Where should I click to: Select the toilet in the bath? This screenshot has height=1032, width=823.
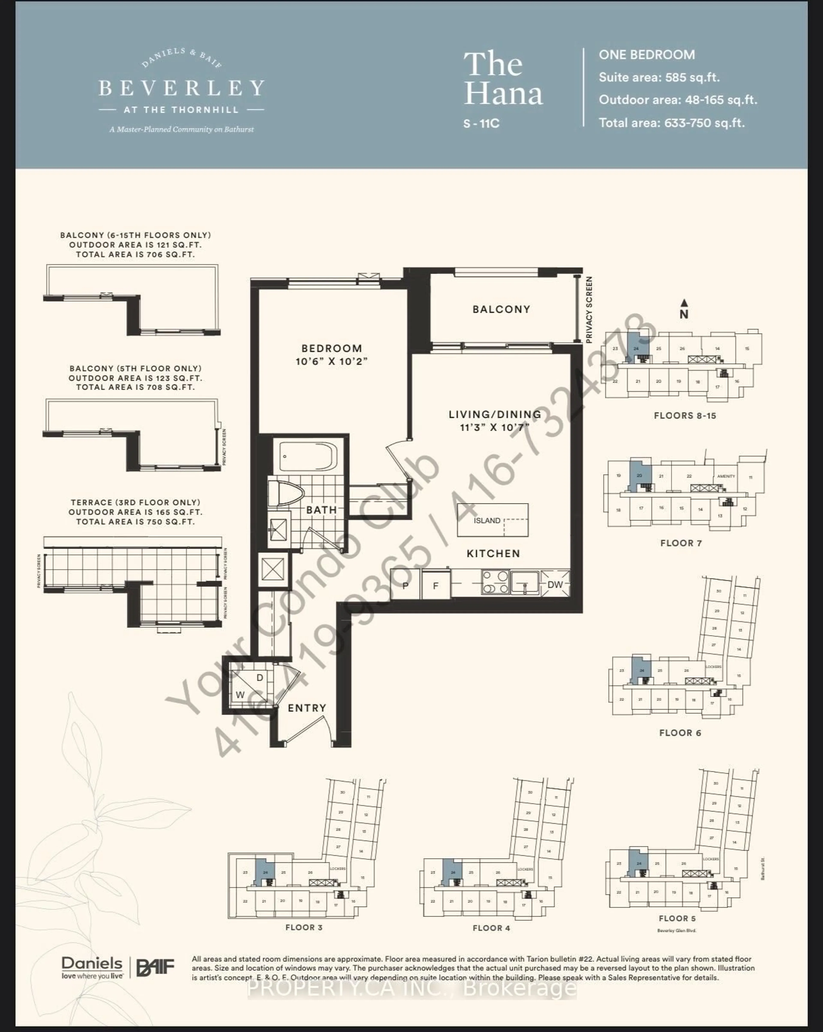tap(286, 493)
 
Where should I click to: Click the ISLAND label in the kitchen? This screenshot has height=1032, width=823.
tap(487, 520)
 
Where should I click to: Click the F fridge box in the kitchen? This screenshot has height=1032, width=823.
tap(435, 585)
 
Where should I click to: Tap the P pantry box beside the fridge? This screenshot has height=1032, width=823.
tap(405, 585)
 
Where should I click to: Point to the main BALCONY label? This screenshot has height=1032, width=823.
tap(501, 309)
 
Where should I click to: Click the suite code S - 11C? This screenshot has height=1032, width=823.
tap(481, 123)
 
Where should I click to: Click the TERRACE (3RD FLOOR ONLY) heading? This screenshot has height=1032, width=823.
tap(135, 502)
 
